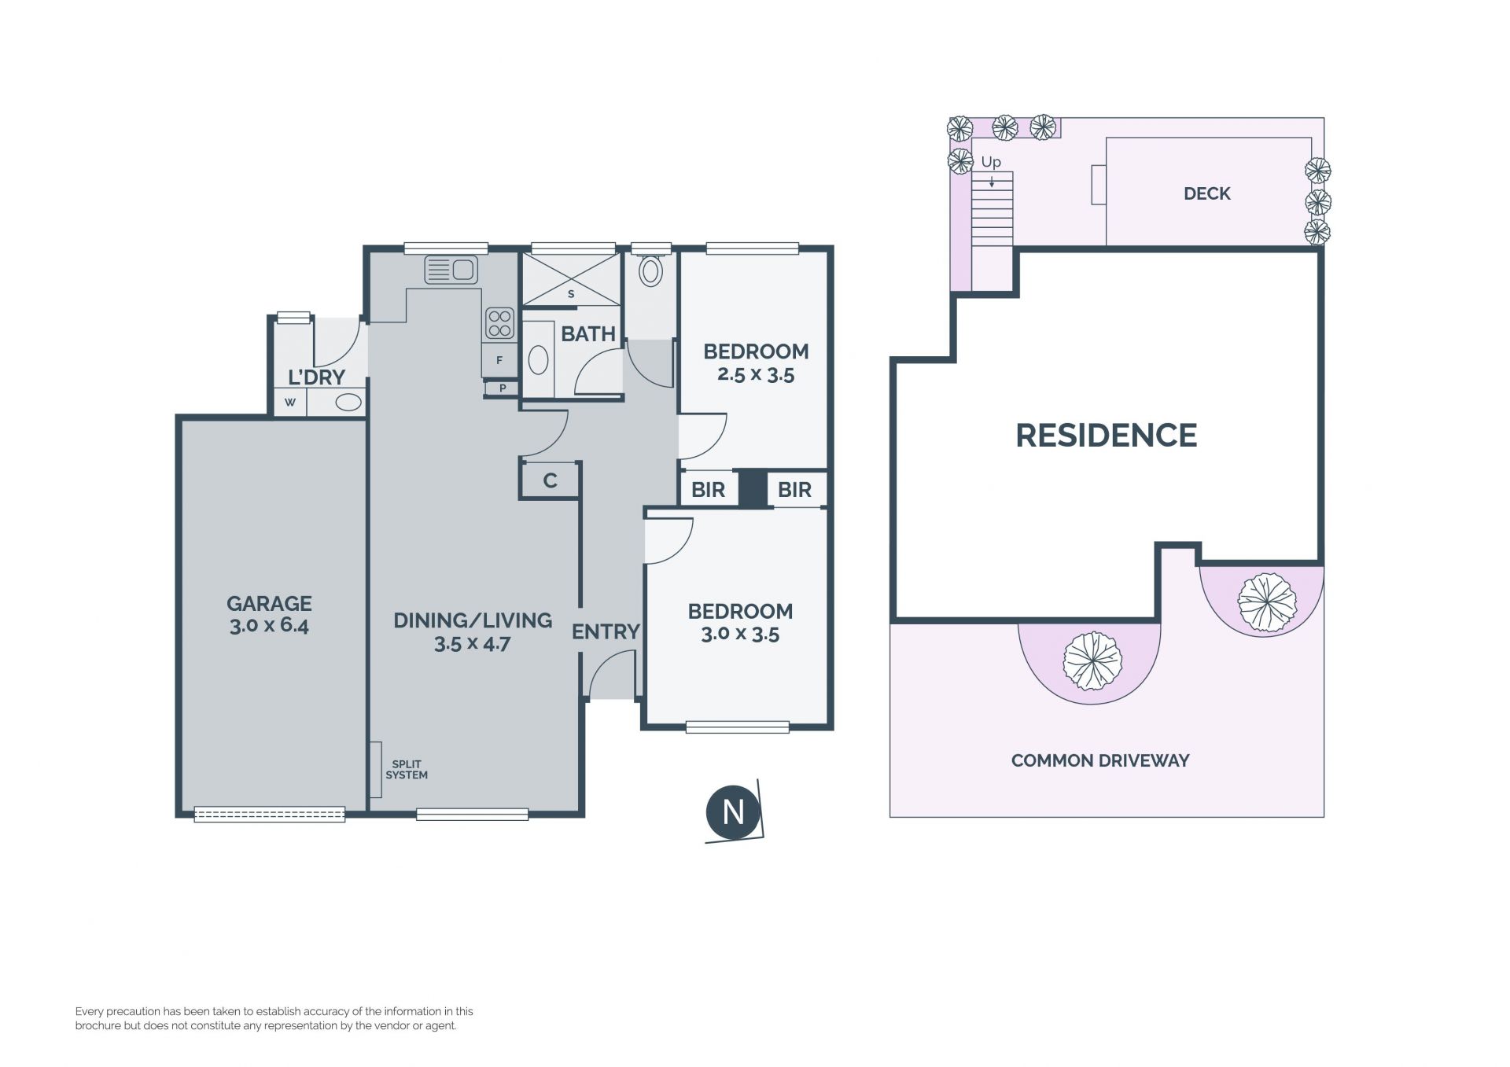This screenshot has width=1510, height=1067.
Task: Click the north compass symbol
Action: (733, 811)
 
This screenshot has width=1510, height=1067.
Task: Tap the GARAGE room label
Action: (269, 604)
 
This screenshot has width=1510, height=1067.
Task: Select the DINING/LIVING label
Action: (473, 620)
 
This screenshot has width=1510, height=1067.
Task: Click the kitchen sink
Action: (451, 270)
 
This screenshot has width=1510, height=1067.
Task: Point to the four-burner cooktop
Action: (499, 323)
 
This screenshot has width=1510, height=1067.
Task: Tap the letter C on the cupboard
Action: (551, 480)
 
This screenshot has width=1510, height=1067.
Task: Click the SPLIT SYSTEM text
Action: (407, 769)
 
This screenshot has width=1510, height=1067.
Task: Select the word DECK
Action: (1207, 193)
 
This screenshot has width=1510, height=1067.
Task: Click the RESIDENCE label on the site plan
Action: (1107, 435)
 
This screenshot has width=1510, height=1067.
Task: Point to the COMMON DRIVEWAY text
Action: (1100, 760)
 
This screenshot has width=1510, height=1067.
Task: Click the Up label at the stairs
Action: (991, 162)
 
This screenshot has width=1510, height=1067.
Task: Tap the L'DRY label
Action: (316, 377)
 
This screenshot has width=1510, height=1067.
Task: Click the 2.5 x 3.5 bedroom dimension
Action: (756, 375)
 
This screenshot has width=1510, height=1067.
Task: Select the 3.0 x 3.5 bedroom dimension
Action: (740, 634)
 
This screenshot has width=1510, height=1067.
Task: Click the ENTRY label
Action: (606, 631)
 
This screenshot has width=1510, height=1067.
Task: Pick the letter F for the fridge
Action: (499, 361)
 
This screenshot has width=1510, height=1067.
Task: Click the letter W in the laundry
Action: (290, 403)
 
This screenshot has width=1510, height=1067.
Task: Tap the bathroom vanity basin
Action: (538, 360)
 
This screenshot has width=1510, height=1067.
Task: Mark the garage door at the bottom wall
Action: (270, 815)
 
